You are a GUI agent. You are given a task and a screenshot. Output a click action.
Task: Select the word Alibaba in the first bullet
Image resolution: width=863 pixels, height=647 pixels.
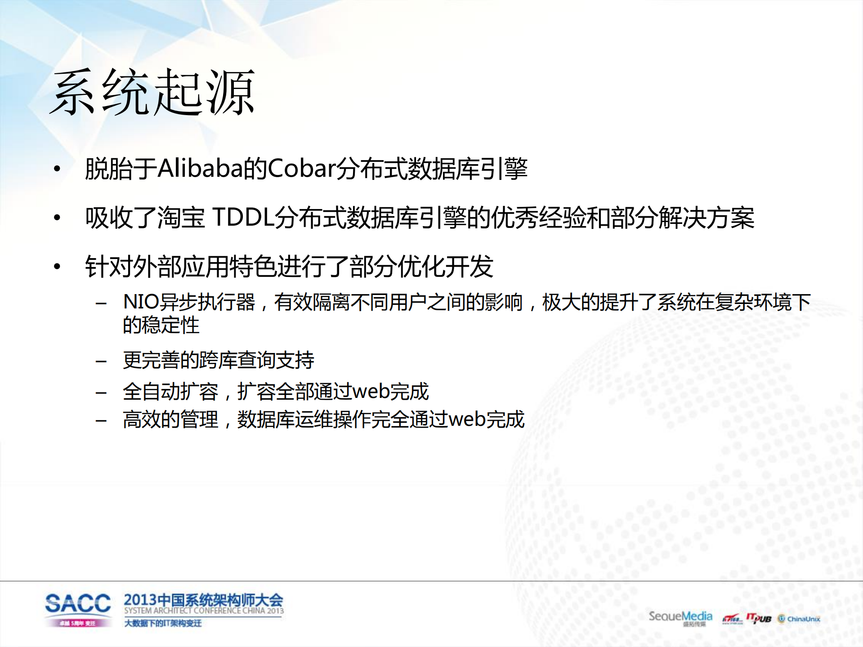[x=200, y=169]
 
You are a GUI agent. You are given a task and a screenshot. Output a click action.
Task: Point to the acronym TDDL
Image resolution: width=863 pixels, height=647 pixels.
[x=243, y=218]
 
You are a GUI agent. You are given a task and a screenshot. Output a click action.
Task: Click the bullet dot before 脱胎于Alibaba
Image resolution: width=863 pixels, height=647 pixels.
[x=57, y=169]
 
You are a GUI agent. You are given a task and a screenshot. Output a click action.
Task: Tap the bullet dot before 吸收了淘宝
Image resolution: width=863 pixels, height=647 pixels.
[x=57, y=218]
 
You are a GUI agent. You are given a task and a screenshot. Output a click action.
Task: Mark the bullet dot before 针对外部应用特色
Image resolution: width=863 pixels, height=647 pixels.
[x=57, y=267]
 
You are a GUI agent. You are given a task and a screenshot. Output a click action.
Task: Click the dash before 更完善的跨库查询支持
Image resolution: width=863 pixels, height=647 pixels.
[x=101, y=361]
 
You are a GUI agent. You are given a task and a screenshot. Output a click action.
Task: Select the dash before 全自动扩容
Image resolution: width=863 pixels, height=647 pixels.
[x=101, y=393]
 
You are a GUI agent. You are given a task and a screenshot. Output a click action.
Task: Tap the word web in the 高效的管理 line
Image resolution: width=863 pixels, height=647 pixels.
[x=467, y=419]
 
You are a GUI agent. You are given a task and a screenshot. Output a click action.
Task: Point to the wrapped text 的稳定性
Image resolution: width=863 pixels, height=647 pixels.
[x=161, y=325]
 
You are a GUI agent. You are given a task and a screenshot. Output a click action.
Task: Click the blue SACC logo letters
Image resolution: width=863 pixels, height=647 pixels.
[x=78, y=603]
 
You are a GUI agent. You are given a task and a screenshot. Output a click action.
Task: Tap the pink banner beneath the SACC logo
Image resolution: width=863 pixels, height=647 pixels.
[x=78, y=623]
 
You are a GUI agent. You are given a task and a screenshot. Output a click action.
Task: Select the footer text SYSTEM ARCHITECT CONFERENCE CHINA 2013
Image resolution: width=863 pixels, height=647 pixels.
[x=204, y=611]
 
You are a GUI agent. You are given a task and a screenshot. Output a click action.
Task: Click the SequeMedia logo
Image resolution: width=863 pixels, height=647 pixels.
[x=680, y=616]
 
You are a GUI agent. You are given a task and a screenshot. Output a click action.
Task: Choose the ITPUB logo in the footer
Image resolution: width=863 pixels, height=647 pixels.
[x=759, y=619]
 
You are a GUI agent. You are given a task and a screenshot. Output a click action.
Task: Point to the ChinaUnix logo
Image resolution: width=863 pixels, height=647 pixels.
[x=799, y=619]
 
